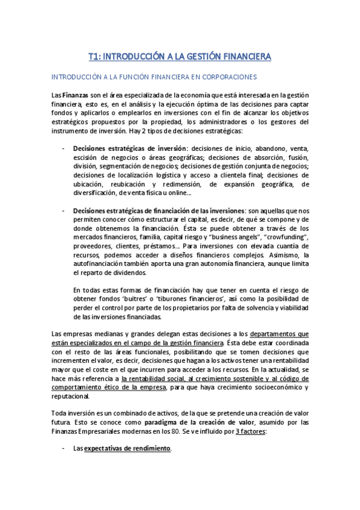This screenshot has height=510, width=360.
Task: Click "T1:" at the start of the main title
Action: pyautogui.click(x=94, y=57)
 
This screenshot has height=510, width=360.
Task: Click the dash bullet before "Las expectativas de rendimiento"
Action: pyautogui.click(x=64, y=449)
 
